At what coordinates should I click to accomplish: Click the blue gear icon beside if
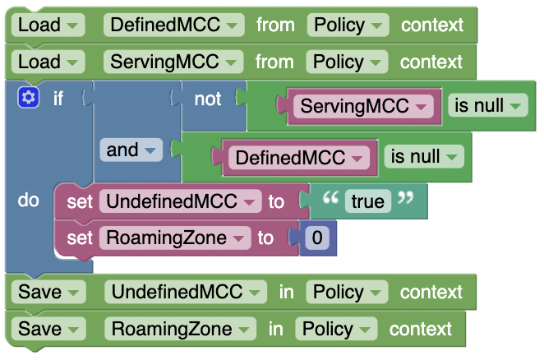tap(28, 99)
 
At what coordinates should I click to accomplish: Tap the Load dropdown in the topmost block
tap(49, 25)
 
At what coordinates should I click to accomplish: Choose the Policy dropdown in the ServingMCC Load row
tap(348, 62)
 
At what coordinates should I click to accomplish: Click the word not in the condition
tap(207, 99)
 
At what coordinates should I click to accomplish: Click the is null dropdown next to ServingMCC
tap(488, 105)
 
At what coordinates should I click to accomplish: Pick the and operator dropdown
tap(131, 150)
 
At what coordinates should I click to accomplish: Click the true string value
tap(367, 201)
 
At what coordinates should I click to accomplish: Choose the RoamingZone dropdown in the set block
tap(173, 238)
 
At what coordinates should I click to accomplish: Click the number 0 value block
tap(317, 238)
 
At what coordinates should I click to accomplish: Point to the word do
tap(28, 201)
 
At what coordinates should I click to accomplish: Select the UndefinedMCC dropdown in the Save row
tap(186, 292)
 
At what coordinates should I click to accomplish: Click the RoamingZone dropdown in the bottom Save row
tap(180, 329)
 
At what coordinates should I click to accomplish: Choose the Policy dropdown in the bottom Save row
tap(337, 329)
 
